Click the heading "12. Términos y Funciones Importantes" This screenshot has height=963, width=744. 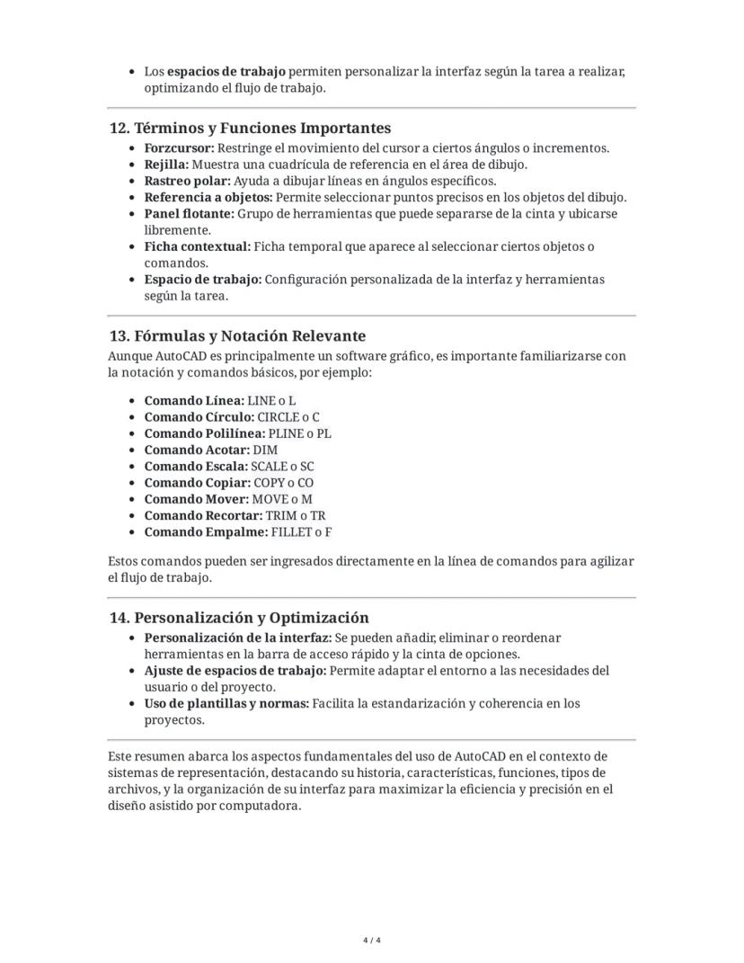[250, 129]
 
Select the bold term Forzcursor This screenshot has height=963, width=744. [179, 148]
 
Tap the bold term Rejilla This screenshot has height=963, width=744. [166, 165]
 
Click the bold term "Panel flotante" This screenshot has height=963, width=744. [189, 214]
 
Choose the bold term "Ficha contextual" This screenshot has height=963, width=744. [198, 246]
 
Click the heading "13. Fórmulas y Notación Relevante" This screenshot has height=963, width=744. [237, 336]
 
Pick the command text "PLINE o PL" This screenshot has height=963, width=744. [300, 433]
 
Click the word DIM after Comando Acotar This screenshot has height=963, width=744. [265, 450]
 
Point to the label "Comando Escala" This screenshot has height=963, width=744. [196, 467]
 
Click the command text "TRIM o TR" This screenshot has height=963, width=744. [296, 516]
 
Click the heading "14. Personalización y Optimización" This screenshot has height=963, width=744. [239, 618]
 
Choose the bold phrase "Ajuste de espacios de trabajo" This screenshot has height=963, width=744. [235, 671]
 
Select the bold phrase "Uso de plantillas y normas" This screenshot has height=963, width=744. [226, 703]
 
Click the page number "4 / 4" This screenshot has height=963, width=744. [372, 941]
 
